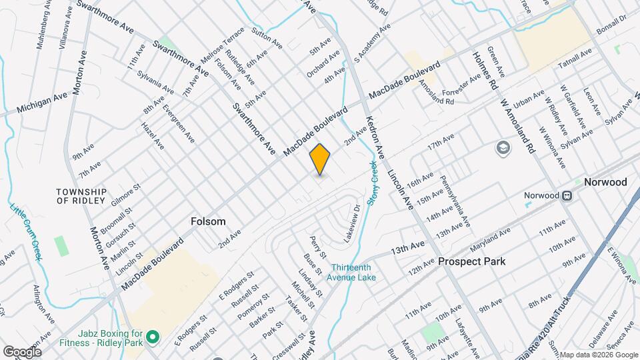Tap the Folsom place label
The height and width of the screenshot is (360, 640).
pos(208,221)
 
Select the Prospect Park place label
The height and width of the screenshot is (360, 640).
pos(471,261)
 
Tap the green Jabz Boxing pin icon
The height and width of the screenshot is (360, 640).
pos(153,337)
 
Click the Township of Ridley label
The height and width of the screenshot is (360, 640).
pos(81,195)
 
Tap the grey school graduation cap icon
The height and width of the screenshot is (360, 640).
pos(502,147)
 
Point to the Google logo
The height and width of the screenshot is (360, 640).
pos(22,351)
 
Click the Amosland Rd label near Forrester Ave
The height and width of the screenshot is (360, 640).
pos(437,101)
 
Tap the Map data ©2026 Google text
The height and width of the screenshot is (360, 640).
pos(598,354)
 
